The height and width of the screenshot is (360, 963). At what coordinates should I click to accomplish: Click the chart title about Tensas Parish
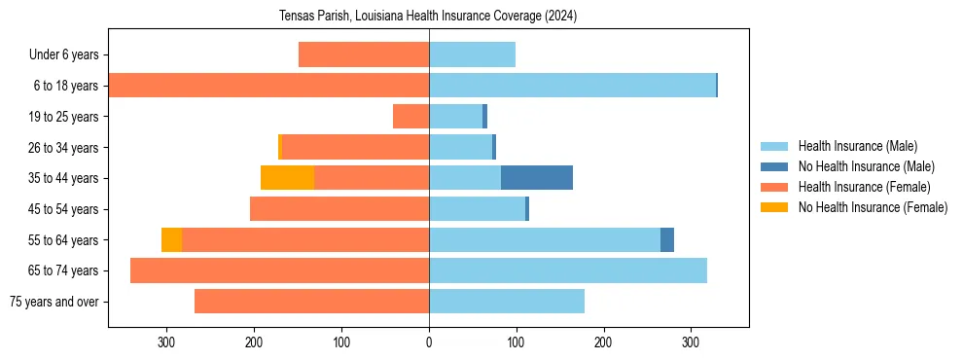tap(429, 17)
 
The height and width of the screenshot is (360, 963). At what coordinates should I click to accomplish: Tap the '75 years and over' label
tap(53, 302)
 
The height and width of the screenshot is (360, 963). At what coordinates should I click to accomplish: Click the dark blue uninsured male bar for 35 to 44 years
tap(537, 178)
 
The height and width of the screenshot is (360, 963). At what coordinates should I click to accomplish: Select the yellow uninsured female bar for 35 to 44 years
tap(287, 178)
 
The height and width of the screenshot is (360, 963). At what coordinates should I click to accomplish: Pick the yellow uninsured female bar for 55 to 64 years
tap(171, 239)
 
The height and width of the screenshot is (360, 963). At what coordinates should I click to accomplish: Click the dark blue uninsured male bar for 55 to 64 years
tap(667, 239)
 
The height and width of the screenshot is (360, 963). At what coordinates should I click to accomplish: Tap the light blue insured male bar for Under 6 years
tap(472, 54)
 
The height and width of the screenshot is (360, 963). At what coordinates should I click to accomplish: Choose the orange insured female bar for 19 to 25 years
tap(410, 117)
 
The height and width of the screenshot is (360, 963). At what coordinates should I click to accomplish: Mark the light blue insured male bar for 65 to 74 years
tap(568, 270)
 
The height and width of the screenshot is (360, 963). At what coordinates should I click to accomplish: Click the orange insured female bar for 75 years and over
tap(311, 302)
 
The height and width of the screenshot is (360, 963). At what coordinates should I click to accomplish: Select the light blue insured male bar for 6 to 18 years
tap(572, 86)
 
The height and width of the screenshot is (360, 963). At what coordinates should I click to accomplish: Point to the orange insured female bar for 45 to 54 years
tap(339, 209)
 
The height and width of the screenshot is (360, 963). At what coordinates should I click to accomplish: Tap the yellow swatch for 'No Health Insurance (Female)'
tap(774, 207)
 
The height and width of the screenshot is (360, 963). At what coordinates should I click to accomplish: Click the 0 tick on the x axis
tap(429, 342)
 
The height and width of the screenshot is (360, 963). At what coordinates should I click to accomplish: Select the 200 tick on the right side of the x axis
tap(603, 342)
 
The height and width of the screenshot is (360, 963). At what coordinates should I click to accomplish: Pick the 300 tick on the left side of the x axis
tap(166, 342)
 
